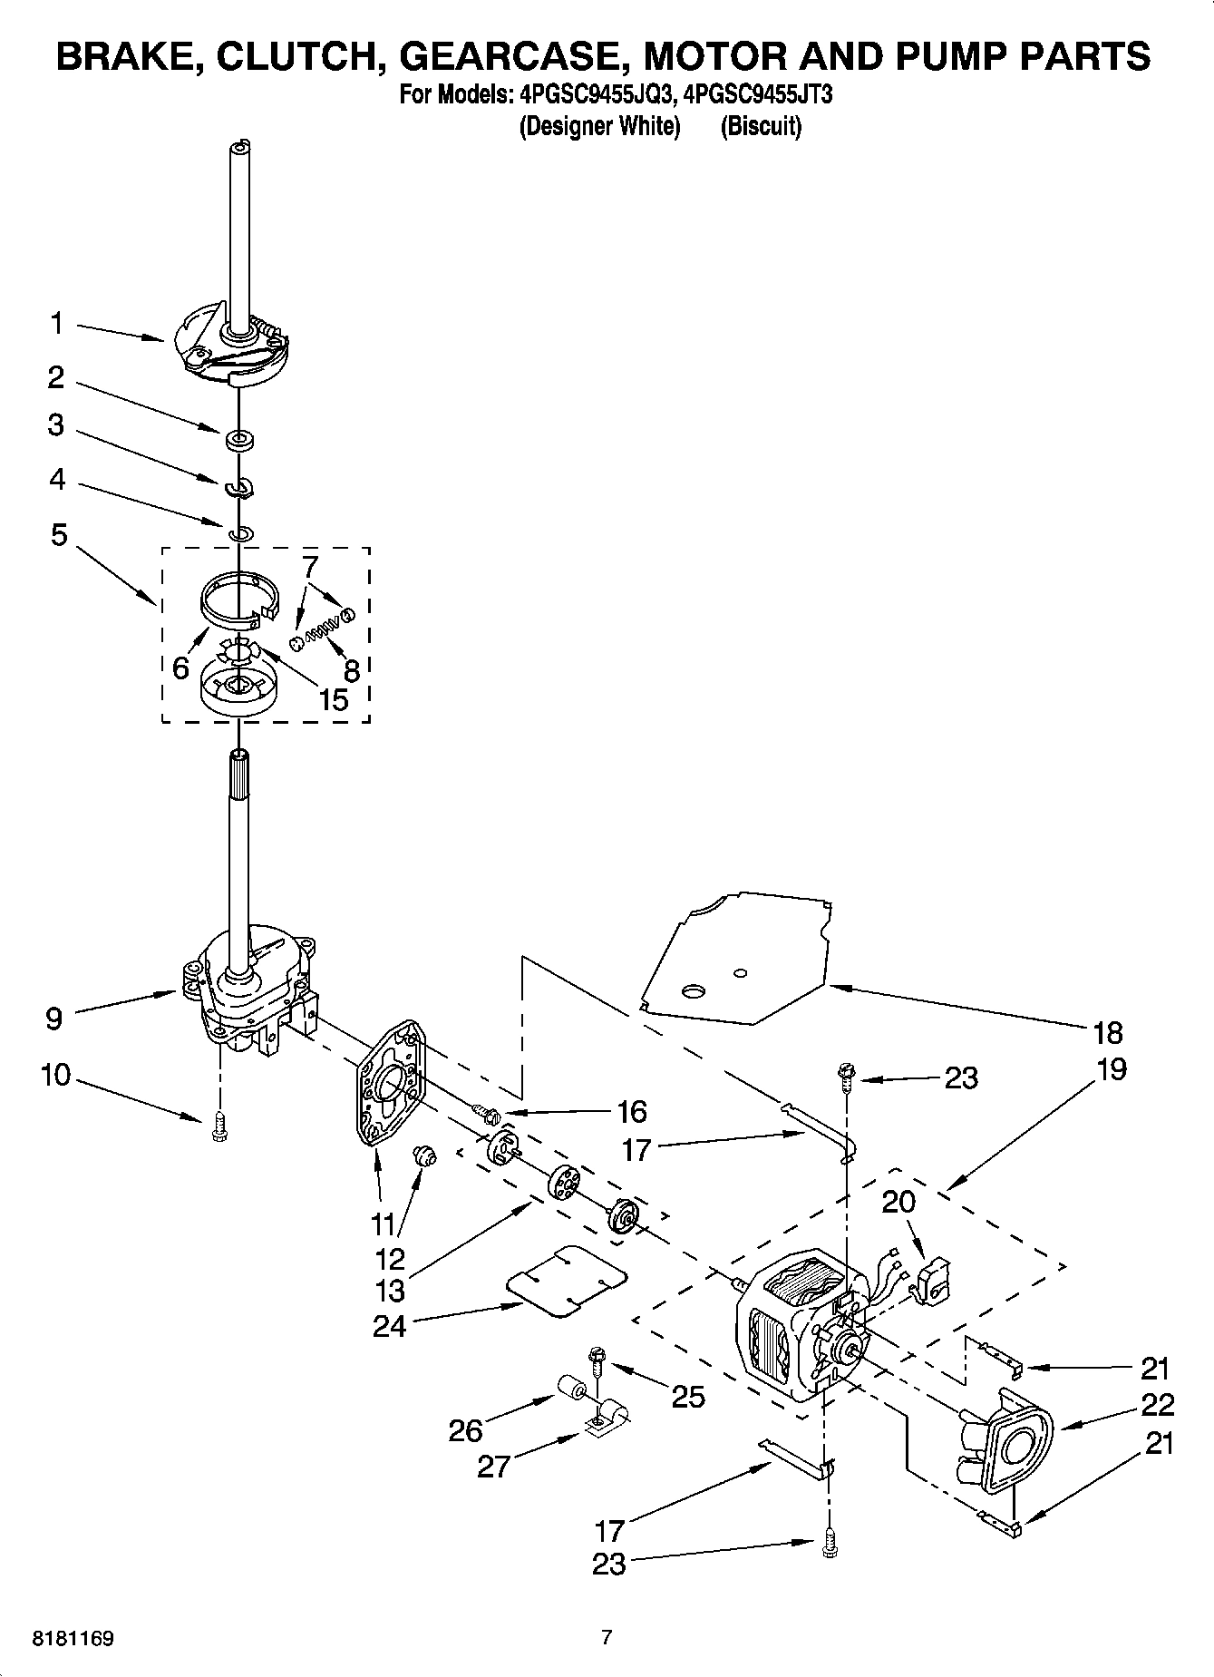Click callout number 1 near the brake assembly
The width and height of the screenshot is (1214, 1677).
56,323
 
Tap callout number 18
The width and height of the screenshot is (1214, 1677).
1108,1032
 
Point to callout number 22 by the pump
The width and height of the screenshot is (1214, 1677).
1157,1404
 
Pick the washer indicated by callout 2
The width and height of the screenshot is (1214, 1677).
240,441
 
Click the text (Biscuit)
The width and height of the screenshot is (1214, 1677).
761,126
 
